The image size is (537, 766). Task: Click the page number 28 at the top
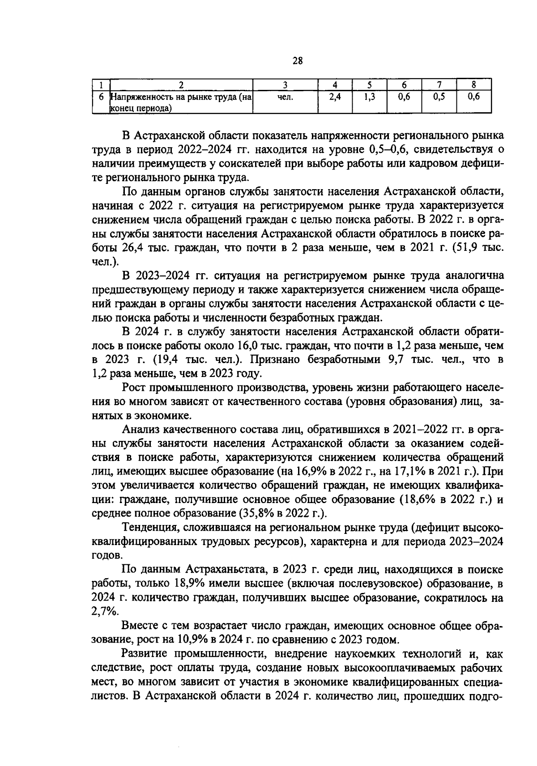tap(298, 61)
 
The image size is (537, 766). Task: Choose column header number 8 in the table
tap(473, 85)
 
